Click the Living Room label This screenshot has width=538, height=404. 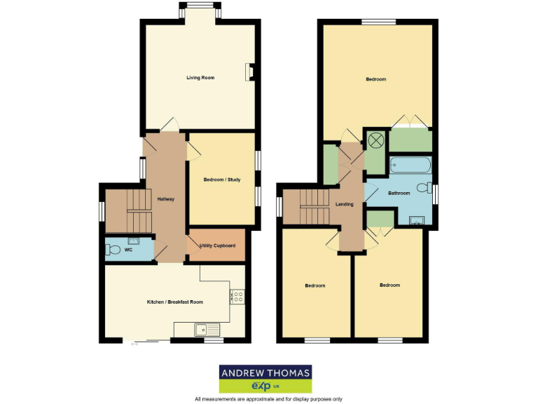[200, 77]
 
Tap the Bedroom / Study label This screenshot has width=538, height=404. [222, 180]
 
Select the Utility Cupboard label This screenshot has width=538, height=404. [216, 246]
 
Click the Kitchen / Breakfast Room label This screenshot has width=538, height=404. [174, 302]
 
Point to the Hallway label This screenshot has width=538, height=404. [166, 199]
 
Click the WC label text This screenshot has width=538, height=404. [128, 249]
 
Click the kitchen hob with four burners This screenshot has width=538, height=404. [237, 297]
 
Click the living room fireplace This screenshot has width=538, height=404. [249, 73]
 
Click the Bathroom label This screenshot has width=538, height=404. [399, 193]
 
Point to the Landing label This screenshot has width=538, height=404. [344, 204]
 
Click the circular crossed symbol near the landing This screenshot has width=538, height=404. [375, 140]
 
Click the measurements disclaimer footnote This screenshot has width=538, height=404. [268, 399]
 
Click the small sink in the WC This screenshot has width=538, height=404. [134, 240]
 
